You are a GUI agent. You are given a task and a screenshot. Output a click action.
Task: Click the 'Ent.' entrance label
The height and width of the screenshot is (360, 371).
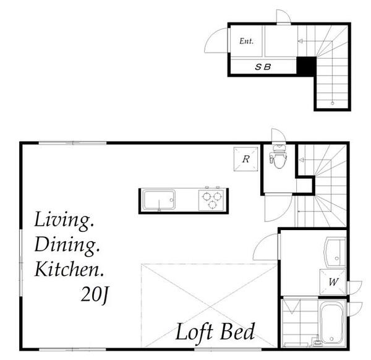click(246, 41)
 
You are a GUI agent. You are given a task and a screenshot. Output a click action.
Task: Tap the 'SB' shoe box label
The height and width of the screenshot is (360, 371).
click(263, 67)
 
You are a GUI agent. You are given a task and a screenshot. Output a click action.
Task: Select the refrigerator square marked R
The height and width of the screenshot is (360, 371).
click(246, 159)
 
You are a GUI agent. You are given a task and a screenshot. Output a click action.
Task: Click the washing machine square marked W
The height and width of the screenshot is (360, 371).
click(333, 282)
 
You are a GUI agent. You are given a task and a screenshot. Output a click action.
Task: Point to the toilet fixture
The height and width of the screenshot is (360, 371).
click(279, 156)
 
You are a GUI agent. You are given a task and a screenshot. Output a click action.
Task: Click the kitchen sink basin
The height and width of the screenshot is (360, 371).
click(158, 200)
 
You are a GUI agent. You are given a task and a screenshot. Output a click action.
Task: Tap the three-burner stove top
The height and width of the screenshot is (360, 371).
click(211, 200)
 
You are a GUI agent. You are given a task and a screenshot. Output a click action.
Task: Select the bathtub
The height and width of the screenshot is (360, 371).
click(331, 323)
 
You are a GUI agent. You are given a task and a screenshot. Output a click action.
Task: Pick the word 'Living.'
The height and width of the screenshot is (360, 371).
click(64, 221)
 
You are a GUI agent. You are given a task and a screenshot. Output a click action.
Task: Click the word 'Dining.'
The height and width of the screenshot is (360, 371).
click(67, 246)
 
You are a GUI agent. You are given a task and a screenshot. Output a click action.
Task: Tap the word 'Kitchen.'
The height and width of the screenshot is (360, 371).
click(69, 269)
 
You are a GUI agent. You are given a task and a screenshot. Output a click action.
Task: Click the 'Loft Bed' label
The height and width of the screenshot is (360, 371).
click(215, 333)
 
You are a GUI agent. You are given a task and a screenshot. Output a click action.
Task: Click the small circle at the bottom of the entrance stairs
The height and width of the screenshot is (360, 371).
click(333, 103)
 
